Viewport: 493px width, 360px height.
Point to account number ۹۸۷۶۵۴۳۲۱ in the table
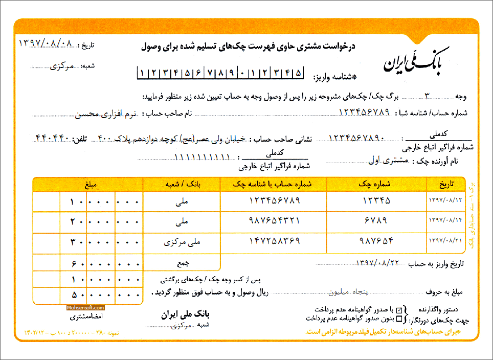pyautogui.click(x=274, y=221)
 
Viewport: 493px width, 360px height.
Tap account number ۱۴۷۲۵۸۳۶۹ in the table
pyautogui.click(x=274, y=241)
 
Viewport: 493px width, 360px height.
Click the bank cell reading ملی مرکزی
pyautogui.click(x=182, y=242)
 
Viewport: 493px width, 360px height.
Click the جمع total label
pyautogui.click(x=182, y=263)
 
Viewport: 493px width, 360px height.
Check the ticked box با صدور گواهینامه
pyautogui.click(x=399, y=309)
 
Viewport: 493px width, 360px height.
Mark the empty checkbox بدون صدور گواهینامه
pyautogui.click(x=399, y=318)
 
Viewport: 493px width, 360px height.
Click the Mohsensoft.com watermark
pyautogui.click(x=85, y=308)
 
